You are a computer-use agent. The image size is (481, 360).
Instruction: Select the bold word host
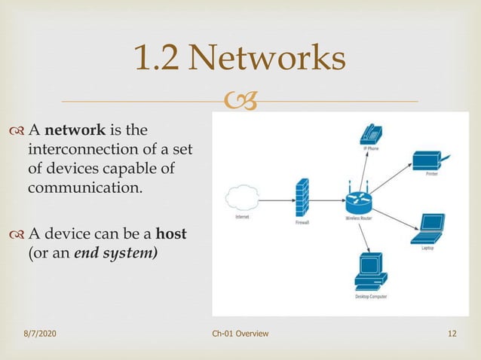tap(170, 234)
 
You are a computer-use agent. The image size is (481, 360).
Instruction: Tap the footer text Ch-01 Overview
tap(240, 334)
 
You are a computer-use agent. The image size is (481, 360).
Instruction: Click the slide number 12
tap(452, 334)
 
